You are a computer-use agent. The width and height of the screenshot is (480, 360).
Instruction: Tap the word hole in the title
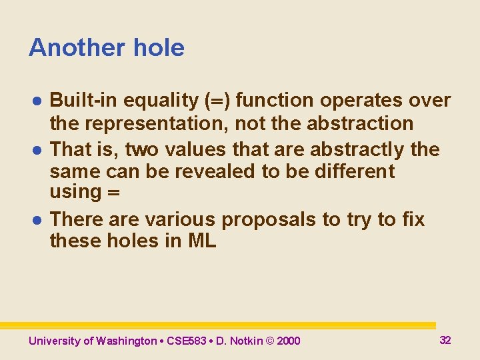click(x=159, y=48)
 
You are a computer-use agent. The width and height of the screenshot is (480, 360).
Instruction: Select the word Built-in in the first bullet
click(x=82, y=101)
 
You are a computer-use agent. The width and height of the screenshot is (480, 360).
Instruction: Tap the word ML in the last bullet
click(x=202, y=241)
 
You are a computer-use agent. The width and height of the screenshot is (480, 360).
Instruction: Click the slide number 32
click(x=445, y=340)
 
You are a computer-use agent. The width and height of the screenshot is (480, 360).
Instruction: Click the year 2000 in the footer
click(x=289, y=341)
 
